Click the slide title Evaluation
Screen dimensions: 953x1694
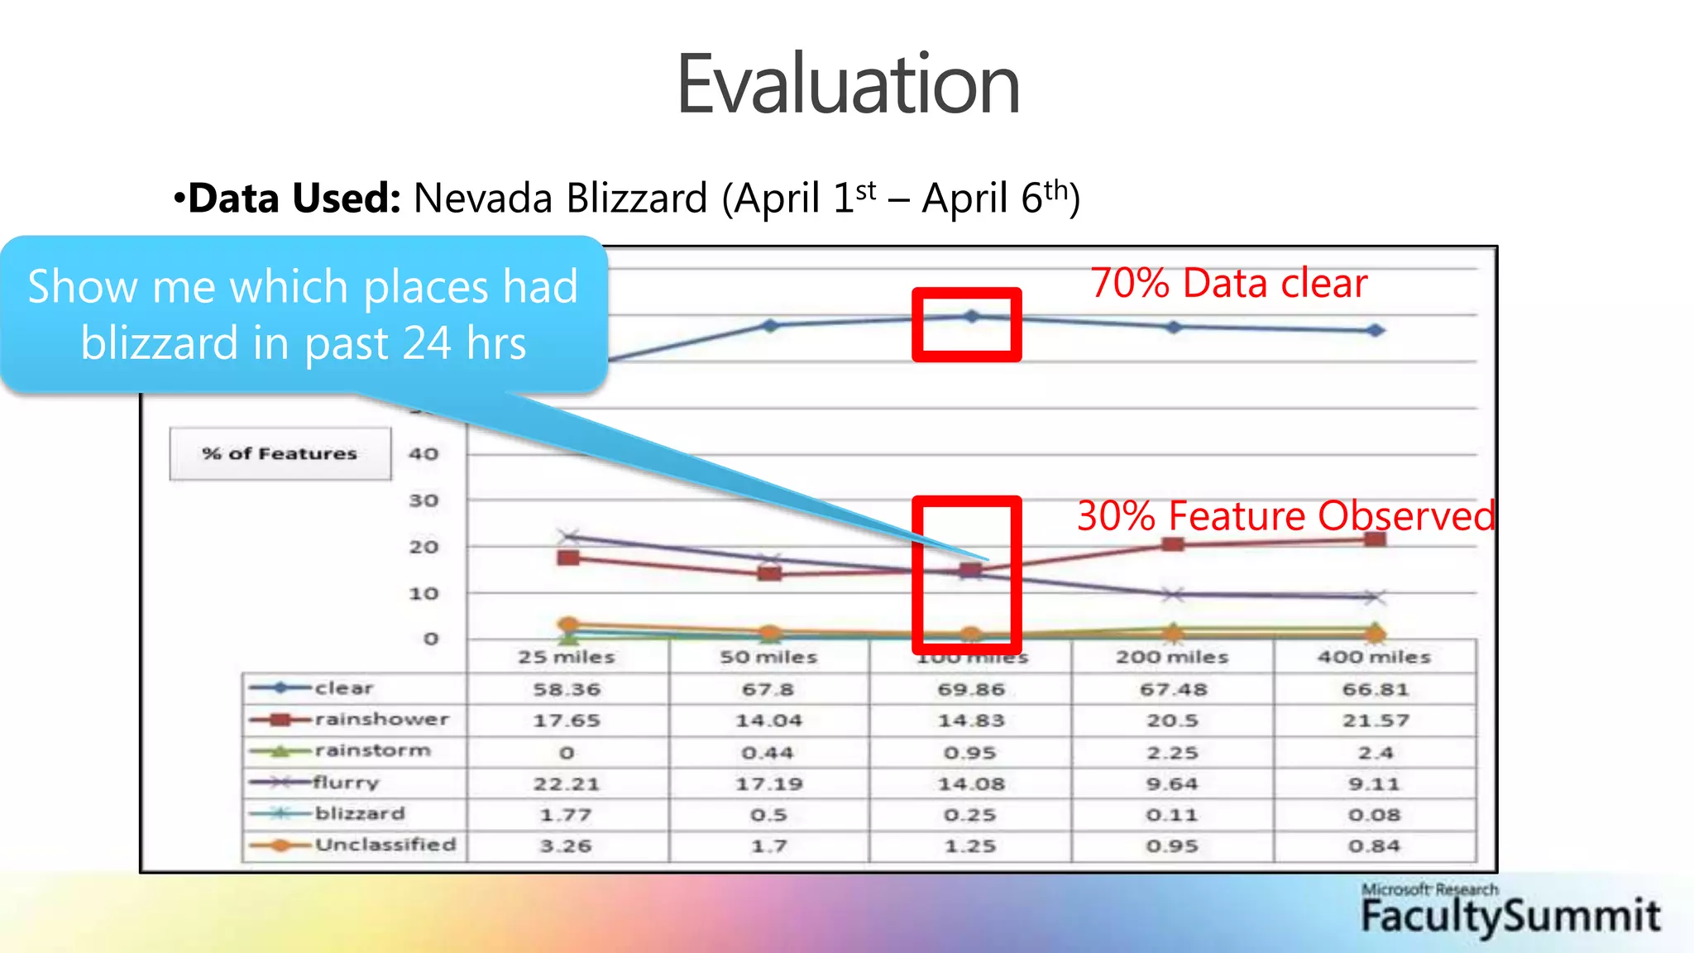848,84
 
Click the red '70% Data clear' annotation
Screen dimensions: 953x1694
1228,283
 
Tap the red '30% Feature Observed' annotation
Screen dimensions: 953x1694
1285,516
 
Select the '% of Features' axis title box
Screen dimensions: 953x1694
280,453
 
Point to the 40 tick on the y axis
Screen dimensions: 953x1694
423,453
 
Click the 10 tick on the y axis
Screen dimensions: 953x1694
423,593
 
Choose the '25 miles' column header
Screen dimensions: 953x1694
567,657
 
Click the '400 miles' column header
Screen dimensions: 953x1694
1374,657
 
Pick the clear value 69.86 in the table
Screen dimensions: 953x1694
971,689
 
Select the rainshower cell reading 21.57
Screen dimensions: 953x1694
1375,721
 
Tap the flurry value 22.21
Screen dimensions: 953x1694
567,783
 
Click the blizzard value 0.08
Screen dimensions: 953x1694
1375,815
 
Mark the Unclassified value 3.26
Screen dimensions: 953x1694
567,846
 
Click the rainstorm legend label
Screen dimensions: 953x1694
373,751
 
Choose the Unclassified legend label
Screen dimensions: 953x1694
385,845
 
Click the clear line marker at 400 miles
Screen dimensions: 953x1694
1375,330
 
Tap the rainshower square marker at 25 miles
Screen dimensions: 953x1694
568,558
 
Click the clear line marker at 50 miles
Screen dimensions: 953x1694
770,325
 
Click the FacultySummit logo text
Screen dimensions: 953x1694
1510,917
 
